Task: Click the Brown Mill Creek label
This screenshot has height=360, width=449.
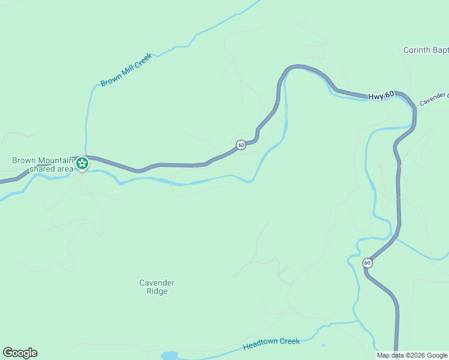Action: tap(126, 70)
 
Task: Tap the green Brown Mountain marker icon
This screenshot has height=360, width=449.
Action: tap(82, 163)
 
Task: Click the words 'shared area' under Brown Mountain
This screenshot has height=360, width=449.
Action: tap(52, 169)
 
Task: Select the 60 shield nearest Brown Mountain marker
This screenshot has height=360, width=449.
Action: tap(240, 145)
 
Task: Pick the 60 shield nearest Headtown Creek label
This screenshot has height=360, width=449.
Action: tap(367, 263)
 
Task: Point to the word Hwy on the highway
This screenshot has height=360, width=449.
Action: tap(375, 95)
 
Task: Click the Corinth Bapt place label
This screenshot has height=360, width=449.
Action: tap(426, 50)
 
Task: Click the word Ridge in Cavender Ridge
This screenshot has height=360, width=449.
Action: tap(157, 292)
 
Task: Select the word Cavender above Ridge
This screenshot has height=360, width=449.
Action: tap(157, 283)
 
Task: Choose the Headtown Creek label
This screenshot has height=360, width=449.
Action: tap(271, 344)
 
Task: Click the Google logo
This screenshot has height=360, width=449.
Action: tap(20, 353)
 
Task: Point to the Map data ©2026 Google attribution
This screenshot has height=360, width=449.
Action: tap(412, 355)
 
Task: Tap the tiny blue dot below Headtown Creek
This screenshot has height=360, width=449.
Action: tap(323, 345)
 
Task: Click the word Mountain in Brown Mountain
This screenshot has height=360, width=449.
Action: tap(55, 160)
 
